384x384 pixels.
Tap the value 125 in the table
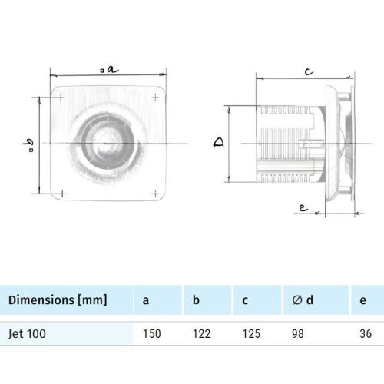pos(251,334)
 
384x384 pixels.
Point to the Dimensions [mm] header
pos(58,300)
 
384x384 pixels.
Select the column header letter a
pos(146,300)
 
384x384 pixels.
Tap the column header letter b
pos(197,300)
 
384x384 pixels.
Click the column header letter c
pos(246,300)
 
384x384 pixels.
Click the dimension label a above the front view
pos(110,68)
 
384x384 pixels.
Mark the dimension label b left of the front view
pos(29,144)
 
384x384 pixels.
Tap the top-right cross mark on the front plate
pos(157,98)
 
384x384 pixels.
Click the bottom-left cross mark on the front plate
pos(62,192)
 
